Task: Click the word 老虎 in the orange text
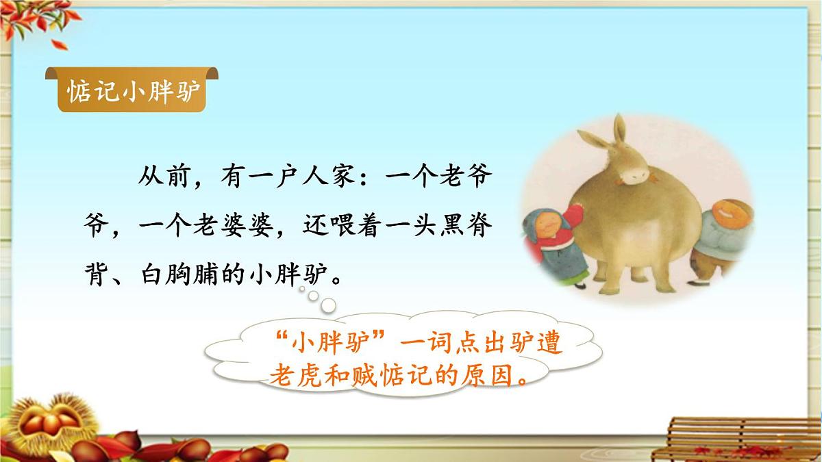click(299, 375)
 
